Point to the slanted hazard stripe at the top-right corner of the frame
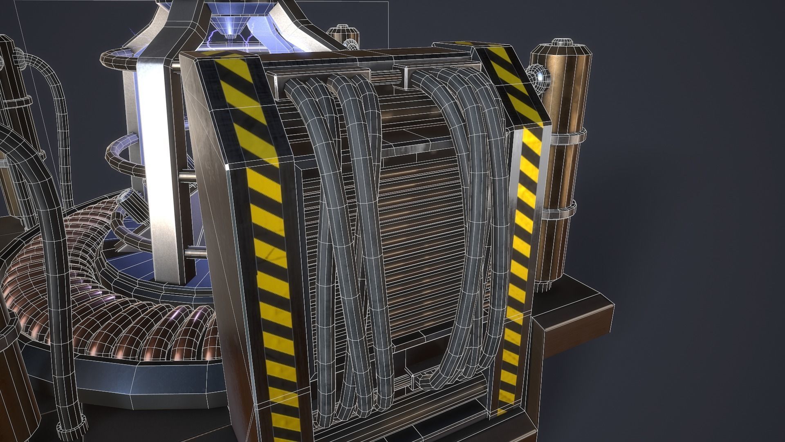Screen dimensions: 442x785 [x=511, y=82]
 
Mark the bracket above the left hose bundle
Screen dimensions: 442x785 [x=323, y=74]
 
